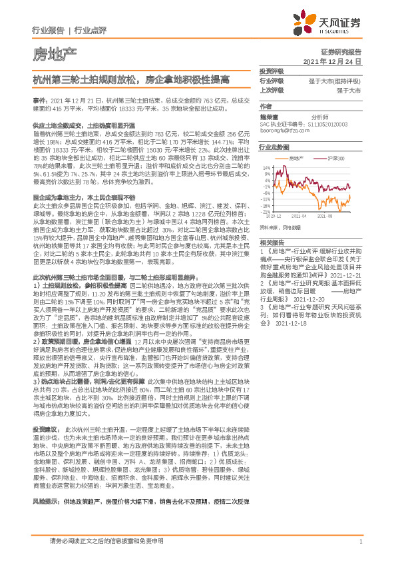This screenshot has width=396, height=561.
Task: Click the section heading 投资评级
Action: tap(270, 71)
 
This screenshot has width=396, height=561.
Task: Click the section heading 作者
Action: tap(266, 107)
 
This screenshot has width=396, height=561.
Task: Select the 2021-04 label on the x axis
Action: tap(298, 217)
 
